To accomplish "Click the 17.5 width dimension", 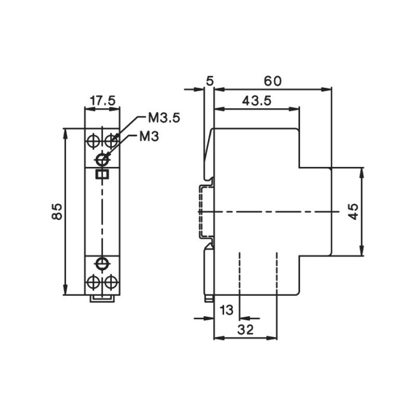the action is [x=103, y=101].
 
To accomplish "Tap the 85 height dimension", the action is [x=57, y=212].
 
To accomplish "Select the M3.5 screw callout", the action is [x=164, y=118].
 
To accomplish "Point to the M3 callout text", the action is [x=149, y=137].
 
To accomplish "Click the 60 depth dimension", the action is [x=272, y=81].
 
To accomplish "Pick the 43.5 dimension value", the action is [x=257, y=101].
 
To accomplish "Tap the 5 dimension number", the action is [x=210, y=81].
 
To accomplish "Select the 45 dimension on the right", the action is [x=353, y=212].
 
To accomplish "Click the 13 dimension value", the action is [x=226, y=310].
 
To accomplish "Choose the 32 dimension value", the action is [x=245, y=330].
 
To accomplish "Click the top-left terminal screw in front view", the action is [x=93, y=141].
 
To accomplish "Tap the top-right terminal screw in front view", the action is [x=111, y=141].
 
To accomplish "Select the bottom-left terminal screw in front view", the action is [x=93, y=282].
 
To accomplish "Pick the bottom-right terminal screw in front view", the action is [x=111, y=282].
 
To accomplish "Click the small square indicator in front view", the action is [x=102, y=174].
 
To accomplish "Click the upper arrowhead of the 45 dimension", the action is [x=361, y=172].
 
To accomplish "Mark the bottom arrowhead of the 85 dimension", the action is [x=65, y=290].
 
